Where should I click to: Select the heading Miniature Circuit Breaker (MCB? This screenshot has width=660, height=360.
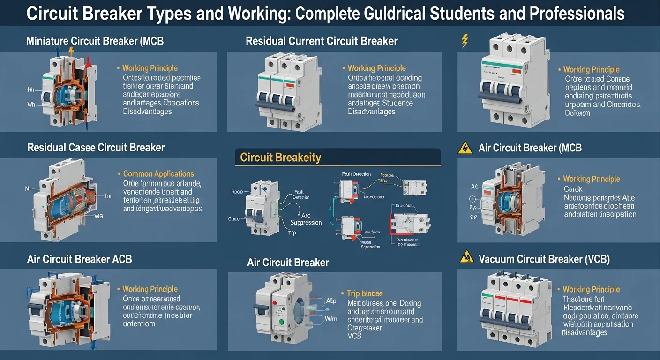tap(95, 41)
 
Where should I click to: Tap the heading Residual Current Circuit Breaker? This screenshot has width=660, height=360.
tap(322, 41)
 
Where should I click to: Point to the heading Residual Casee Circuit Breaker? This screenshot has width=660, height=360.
tap(96, 148)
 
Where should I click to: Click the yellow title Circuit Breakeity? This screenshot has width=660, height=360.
tap(280, 157)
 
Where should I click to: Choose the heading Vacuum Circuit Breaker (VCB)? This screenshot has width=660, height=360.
tap(544, 259)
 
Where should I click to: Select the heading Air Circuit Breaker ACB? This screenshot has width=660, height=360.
tap(79, 259)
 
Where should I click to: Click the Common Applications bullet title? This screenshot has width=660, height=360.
tap(158, 173)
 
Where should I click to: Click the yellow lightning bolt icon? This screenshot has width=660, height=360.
tap(465, 41)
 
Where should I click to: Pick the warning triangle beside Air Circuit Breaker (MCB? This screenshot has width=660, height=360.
tap(464, 148)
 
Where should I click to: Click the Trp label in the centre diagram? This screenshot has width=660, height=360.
tap(292, 232)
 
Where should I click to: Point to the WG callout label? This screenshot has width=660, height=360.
tap(98, 216)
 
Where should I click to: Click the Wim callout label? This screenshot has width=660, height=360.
tap(331, 319)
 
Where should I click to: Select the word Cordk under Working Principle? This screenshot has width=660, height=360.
tap(573, 189)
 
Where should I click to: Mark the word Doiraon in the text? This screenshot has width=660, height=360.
tap(577, 113)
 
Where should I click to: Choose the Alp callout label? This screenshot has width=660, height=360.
tap(331, 300)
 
